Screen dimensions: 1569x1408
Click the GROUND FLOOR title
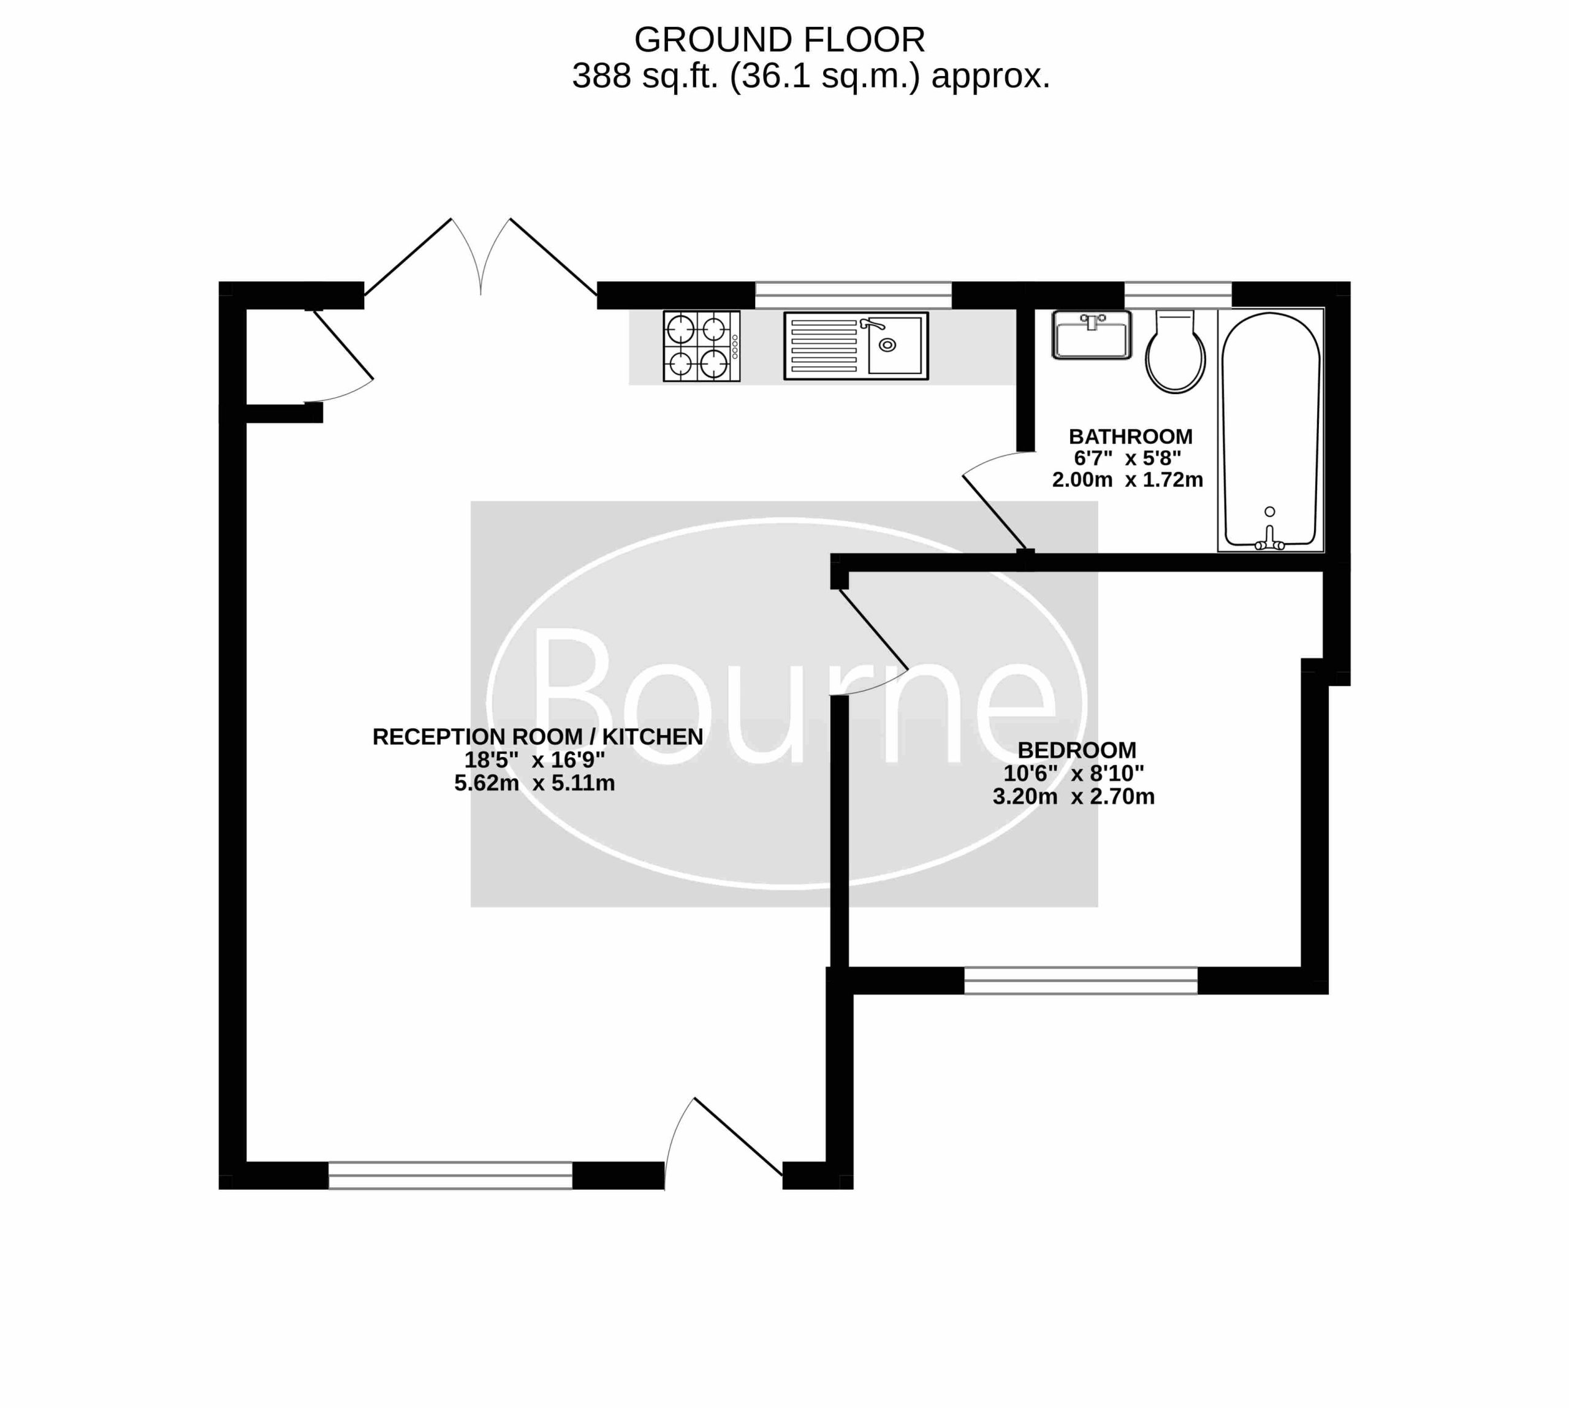click(x=779, y=39)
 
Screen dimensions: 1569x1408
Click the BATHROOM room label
click(x=1130, y=436)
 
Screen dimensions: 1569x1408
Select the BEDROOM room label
click(x=1077, y=750)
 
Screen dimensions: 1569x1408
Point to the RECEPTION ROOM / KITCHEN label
click(x=538, y=737)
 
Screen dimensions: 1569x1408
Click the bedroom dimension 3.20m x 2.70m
click(x=1074, y=796)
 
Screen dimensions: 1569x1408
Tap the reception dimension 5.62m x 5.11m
click(x=534, y=783)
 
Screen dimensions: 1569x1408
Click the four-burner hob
click(x=702, y=346)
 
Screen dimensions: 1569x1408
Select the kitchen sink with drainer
click(x=856, y=346)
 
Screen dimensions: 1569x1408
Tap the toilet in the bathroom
click(x=1175, y=351)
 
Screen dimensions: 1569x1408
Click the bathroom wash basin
click(x=1091, y=334)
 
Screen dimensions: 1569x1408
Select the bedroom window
click(x=1081, y=980)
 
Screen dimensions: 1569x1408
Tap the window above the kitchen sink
click(x=853, y=295)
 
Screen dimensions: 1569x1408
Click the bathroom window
click(x=1177, y=295)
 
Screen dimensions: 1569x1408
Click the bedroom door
click(x=870, y=642)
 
